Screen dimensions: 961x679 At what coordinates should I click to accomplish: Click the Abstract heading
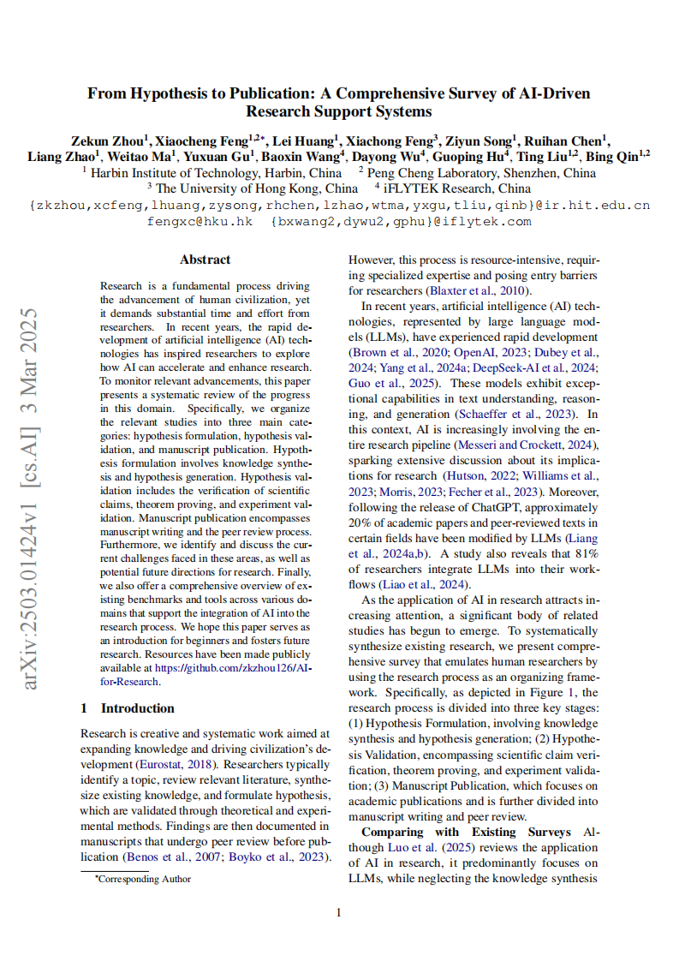point(205,260)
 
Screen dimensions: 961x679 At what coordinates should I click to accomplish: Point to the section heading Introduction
point(137,708)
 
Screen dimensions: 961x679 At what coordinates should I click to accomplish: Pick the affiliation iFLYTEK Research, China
point(457,188)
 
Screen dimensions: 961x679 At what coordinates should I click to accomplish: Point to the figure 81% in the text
point(586,554)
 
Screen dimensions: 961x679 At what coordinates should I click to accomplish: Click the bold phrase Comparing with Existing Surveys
point(466,832)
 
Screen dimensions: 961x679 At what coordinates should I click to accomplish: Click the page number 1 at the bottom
point(339,912)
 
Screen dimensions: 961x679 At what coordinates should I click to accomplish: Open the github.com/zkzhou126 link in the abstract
point(224,669)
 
